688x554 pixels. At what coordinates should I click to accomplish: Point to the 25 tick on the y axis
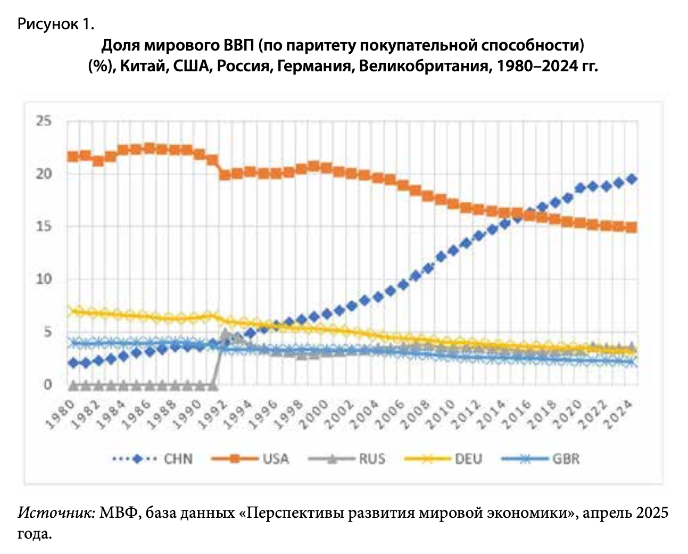pyautogui.click(x=45, y=121)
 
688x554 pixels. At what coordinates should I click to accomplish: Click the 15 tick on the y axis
pyautogui.click(x=45, y=227)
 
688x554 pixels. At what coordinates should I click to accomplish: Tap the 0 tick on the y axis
pyautogui.click(x=48, y=385)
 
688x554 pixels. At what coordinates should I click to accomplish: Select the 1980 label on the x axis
pyautogui.click(x=59, y=415)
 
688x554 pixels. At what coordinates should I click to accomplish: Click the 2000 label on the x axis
pyautogui.click(x=316, y=415)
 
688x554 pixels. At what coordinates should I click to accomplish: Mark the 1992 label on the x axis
pyautogui.click(x=213, y=415)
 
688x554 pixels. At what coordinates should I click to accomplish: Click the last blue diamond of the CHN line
pyautogui.click(x=632, y=179)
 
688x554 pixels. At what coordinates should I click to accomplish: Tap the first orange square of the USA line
pyautogui.click(x=73, y=156)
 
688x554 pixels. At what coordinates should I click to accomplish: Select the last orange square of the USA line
pyautogui.click(x=632, y=227)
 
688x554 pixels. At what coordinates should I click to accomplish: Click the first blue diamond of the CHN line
pyautogui.click(x=73, y=363)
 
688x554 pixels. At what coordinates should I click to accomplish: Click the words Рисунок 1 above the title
pyautogui.click(x=56, y=24)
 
